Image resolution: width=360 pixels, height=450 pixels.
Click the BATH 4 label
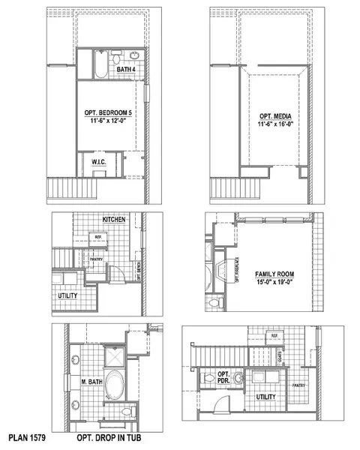coord(126,70)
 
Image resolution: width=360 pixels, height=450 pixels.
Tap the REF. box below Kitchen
coord(97,237)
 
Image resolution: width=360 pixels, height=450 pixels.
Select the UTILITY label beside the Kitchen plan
coord(67,296)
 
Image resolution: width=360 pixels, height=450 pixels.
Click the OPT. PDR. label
coord(223,376)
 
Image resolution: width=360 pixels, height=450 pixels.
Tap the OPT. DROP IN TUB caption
coord(109,436)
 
